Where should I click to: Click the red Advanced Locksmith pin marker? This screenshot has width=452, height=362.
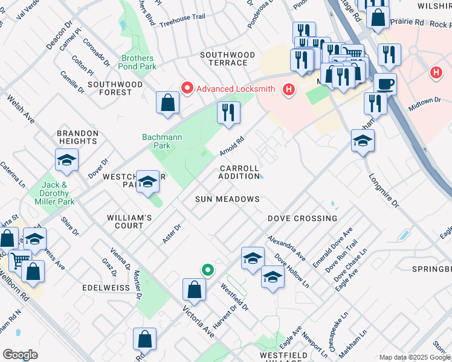(x=187, y=89)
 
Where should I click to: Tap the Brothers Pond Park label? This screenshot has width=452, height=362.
(x=138, y=62)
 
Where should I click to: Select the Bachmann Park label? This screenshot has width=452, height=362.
(x=162, y=141)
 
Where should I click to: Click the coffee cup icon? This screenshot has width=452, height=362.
(x=384, y=84)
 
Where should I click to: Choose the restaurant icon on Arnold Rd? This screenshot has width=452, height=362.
(x=228, y=113)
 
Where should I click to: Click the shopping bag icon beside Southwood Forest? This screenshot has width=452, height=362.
(x=168, y=103)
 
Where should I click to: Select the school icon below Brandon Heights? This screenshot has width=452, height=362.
(x=67, y=160)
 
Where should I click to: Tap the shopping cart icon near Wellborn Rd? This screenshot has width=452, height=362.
(x=20, y=261)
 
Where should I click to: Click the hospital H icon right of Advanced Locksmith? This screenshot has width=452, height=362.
(x=289, y=89)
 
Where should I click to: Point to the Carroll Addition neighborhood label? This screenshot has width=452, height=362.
(x=239, y=172)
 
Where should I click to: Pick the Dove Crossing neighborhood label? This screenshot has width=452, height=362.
(x=302, y=218)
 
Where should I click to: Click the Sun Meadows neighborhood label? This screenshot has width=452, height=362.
(x=227, y=199)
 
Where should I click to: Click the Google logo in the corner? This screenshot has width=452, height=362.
(x=20, y=355)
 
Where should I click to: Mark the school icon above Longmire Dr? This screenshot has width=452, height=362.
(x=363, y=141)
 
